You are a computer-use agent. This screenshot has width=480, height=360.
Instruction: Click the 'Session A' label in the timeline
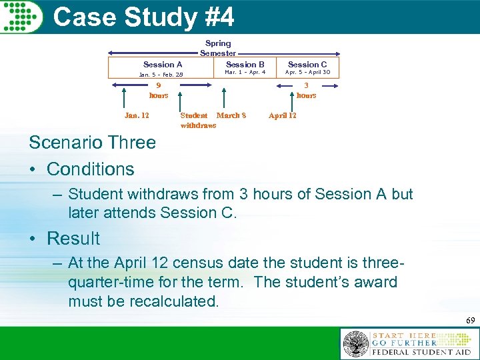coord(163,64)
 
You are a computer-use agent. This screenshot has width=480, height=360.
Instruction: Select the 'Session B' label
coord(245,64)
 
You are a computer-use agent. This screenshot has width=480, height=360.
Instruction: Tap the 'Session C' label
coord(307,64)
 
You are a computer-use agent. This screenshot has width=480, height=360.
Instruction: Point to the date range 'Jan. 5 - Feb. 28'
coord(161,75)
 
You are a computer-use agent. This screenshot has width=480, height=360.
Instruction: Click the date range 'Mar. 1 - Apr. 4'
coord(245,72)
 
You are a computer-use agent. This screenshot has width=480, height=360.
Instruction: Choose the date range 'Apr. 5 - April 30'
coord(307,72)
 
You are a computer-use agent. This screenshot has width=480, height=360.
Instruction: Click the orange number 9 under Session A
coord(159,85)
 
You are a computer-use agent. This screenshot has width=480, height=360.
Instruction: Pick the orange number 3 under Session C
coord(306,85)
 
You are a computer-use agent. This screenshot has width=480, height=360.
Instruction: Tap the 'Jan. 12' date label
coord(137,115)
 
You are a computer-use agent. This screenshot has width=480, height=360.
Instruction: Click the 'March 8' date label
coord(231,115)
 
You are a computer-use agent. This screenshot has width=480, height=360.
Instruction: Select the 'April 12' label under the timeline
coord(282,115)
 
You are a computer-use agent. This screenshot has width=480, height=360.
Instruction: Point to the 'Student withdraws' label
coord(197,120)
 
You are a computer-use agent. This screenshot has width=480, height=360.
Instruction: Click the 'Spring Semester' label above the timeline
coord(218,48)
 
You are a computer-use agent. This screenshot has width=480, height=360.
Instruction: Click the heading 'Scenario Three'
coord(92,142)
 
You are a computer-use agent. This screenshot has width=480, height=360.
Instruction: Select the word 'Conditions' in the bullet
coord(91,169)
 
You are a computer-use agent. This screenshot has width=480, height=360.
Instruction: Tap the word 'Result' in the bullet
coord(73,239)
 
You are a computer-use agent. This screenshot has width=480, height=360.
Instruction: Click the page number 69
coord(471,321)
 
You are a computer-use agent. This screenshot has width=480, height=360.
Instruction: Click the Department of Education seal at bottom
coord(356,345)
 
